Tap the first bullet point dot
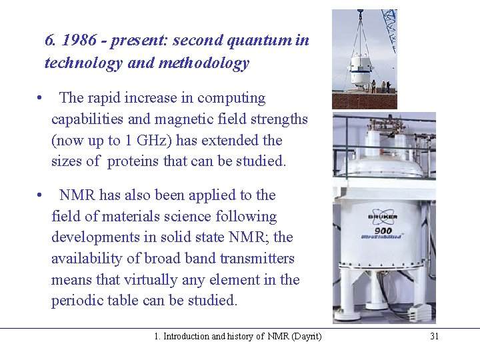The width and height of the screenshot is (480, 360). pos(41,99)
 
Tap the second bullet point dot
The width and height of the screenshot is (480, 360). pos(41,196)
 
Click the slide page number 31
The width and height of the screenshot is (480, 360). pos(434,337)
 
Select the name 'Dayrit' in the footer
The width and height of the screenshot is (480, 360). pos(305,337)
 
